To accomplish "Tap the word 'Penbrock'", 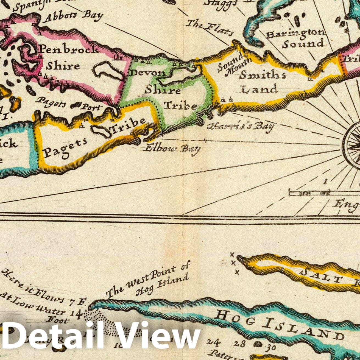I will [68, 49].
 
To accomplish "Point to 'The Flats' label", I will [209, 28].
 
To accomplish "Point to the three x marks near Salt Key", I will [234, 263].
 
